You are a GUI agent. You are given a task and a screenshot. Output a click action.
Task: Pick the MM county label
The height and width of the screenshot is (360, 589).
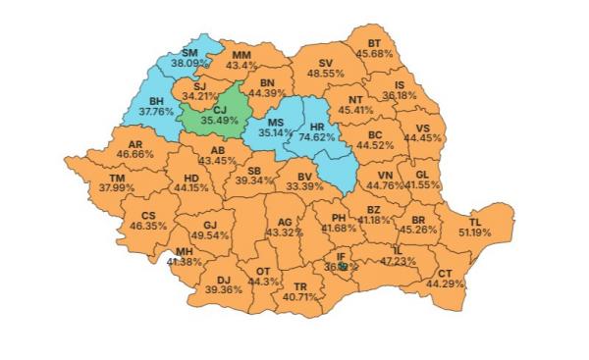[241, 54]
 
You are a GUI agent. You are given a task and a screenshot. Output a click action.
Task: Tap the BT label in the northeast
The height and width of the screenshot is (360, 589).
[374, 42]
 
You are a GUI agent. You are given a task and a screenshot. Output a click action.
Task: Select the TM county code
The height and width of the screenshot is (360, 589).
[117, 177]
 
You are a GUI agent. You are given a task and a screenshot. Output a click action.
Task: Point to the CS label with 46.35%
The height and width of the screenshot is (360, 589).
[148, 215]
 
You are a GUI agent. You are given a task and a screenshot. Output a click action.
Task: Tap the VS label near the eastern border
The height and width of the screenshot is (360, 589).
[423, 128]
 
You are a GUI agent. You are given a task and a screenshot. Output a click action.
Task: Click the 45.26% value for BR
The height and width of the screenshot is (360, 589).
[418, 231]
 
